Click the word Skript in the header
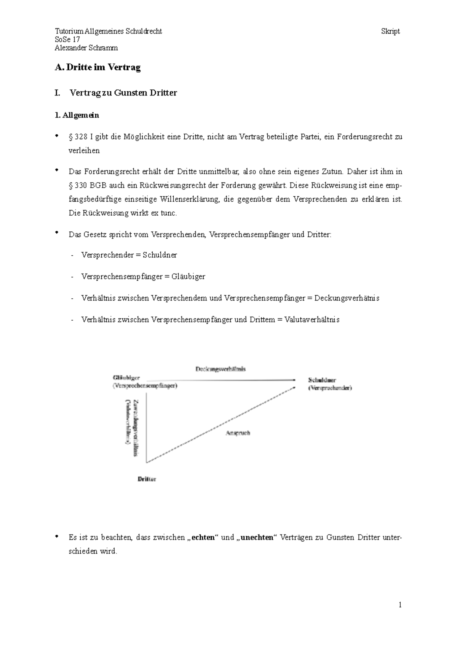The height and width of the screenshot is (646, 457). tap(390, 31)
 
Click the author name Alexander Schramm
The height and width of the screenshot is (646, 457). tap(86, 48)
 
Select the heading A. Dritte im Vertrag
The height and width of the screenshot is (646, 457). tap(98, 67)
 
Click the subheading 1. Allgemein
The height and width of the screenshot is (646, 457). tap(77, 115)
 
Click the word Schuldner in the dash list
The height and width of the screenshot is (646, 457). tap(160, 255)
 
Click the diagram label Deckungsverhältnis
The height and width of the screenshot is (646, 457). tap(221, 369)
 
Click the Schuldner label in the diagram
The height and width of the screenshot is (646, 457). tap(322, 380)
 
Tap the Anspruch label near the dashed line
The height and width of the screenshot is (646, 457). tap(238, 433)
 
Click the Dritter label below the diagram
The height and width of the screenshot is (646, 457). tap(147, 479)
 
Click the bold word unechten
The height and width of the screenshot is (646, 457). tap(257, 538)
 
